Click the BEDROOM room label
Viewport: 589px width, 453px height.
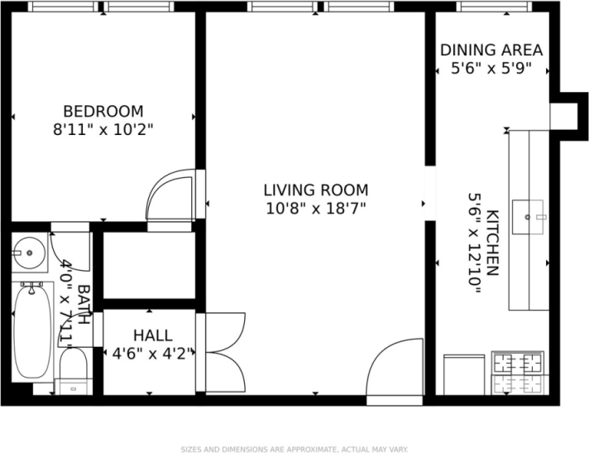point(103,111)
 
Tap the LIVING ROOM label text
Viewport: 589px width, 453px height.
point(316,190)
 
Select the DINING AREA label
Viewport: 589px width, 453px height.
point(491,50)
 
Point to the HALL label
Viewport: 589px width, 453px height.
point(153,335)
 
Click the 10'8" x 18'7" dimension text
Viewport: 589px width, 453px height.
point(316,208)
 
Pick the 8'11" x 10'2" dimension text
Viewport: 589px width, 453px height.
point(103,130)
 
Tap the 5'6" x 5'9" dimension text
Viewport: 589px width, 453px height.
point(491,69)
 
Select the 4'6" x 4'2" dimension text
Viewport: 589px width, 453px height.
point(153,354)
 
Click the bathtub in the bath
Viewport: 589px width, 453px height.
point(32,331)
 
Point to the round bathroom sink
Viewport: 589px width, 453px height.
point(29,253)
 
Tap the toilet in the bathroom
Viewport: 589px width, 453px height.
point(74,371)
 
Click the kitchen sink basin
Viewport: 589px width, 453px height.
point(528,217)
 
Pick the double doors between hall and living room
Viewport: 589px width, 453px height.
point(225,353)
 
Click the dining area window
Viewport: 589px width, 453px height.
point(495,7)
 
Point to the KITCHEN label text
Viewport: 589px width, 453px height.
point(493,243)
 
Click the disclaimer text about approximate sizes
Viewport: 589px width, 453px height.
point(294,449)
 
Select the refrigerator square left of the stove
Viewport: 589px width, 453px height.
point(464,375)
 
